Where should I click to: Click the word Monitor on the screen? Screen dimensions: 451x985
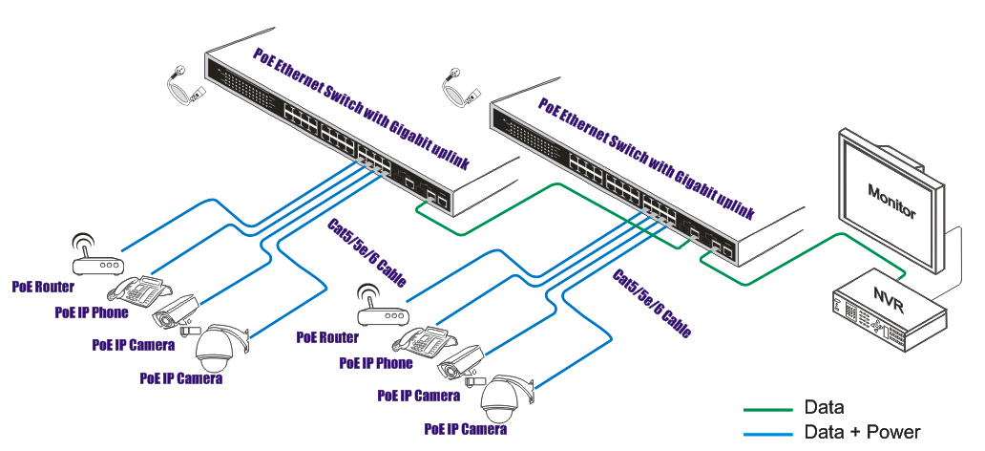(891, 202)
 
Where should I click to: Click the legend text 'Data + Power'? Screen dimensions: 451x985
(862, 432)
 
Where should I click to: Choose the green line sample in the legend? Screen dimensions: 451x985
(768, 409)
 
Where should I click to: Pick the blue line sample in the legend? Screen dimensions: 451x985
(768, 433)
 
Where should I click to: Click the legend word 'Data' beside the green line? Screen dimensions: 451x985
(824, 408)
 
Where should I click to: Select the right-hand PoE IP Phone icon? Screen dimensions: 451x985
(420, 339)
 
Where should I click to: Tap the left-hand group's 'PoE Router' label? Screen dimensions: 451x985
(43, 286)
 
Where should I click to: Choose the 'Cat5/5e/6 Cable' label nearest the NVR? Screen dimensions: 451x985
(651, 305)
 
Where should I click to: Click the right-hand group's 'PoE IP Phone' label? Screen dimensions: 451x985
(376, 363)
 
